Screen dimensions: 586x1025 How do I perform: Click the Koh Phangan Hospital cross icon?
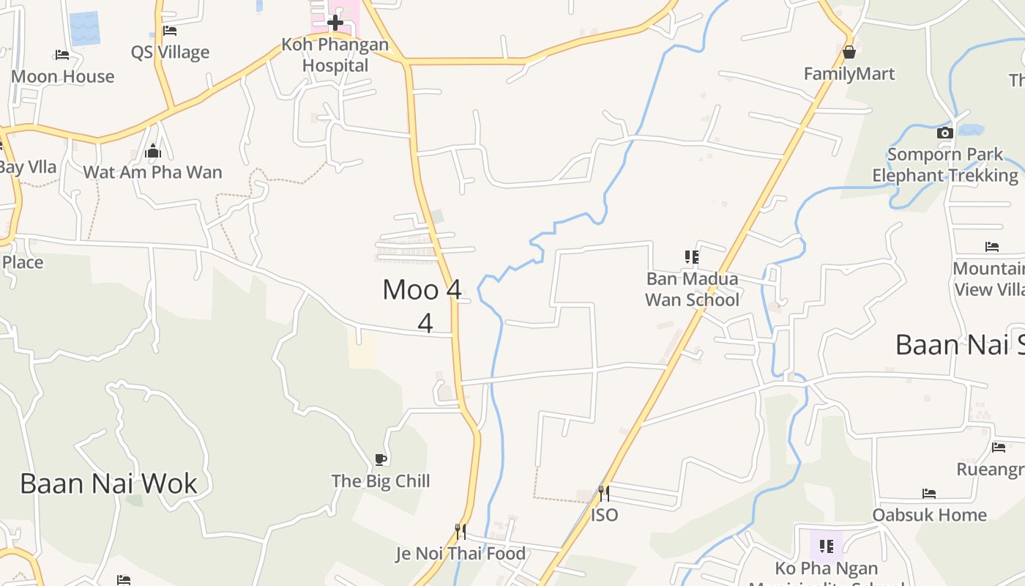(x=335, y=23)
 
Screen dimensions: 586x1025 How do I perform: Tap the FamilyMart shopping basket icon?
(x=849, y=52)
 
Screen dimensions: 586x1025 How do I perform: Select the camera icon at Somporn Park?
(x=945, y=133)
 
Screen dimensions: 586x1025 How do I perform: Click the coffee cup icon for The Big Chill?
(x=380, y=459)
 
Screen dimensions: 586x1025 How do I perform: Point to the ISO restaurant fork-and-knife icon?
(x=604, y=493)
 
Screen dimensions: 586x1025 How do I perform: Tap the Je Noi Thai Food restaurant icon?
(x=461, y=531)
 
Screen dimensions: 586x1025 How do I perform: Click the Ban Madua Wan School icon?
(x=691, y=256)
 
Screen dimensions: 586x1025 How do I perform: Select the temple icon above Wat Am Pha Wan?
(x=152, y=151)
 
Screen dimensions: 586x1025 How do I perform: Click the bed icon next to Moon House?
(x=62, y=54)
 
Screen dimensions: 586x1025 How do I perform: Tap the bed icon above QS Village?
(x=170, y=31)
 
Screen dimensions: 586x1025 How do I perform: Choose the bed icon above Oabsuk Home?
(x=929, y=493)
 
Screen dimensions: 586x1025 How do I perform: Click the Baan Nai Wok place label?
(x=108, y=483)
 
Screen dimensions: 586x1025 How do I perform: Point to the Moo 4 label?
(x=422, y=290)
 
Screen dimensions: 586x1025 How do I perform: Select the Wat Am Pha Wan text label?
(x=152, y=173)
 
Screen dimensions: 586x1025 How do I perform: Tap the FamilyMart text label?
(x=849, y=74)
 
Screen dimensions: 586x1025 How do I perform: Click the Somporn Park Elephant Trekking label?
(x=944, y=165)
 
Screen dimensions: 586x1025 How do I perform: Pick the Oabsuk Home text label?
(x=929, y=515)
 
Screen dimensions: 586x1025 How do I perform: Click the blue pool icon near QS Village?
(x=84, y=29)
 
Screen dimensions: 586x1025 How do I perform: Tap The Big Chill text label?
(x=381, y=481)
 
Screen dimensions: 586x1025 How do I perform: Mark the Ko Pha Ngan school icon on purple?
(x=827, y=546)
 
